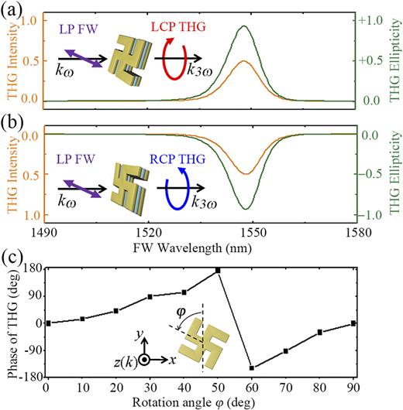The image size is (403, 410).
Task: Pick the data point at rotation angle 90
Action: click(x=353, y=323)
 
